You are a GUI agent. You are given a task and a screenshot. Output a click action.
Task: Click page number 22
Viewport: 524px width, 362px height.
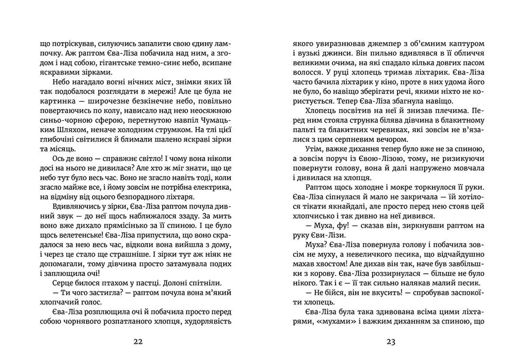click(x=138, y=342)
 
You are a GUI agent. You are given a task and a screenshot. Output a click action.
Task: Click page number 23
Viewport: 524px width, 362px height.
click(x=391, y=342)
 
